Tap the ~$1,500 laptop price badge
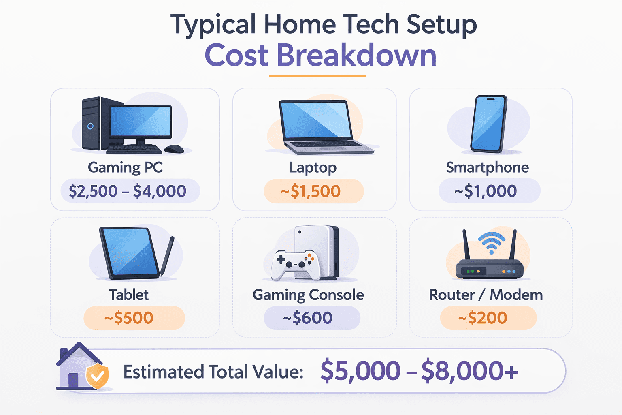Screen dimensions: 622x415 [314, 191]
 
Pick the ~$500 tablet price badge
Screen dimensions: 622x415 [134, 318]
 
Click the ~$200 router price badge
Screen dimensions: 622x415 [488, 318]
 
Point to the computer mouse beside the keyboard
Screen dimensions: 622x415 [174, 149]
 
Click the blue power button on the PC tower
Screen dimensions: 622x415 [90, 126]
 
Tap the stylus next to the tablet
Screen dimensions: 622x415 [167, 256]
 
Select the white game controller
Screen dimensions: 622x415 [295, 264]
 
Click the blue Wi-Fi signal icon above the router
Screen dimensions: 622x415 [492, 243]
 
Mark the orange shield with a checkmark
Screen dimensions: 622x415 [97, 376]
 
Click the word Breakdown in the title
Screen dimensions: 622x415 [356, 56]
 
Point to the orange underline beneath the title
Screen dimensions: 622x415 [317, 76]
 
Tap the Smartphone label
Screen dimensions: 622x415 [487, 168]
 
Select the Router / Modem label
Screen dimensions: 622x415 [486, 295]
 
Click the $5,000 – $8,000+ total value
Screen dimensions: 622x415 [419, 370]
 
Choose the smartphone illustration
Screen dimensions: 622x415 [489, 124]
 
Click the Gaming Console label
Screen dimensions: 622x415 [308, 295]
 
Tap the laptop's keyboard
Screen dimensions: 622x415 [328, 144]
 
